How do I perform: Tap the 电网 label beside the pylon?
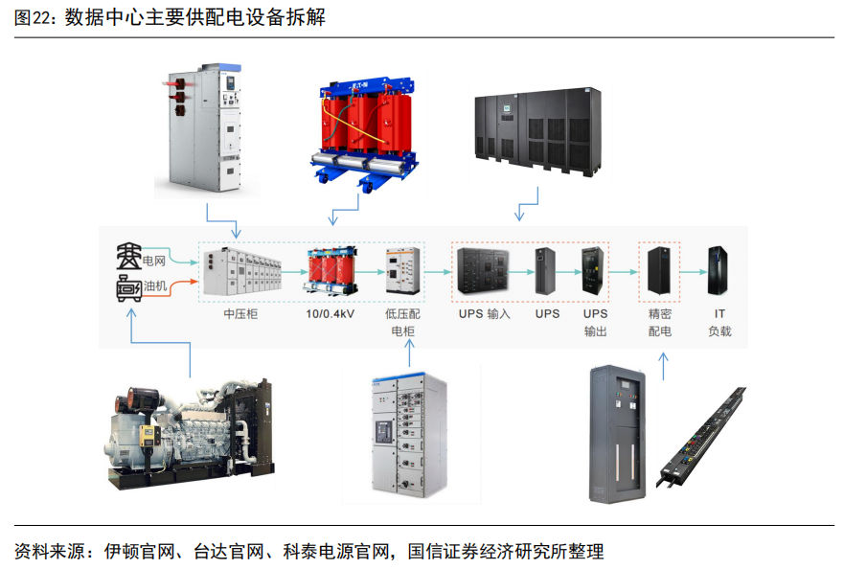(x=154, y=260)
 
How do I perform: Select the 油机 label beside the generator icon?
(x=154, y=285)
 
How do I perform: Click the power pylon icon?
(x=127, y=258)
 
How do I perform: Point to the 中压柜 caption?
(x=240, y=313)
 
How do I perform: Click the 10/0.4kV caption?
(x=330, y=313)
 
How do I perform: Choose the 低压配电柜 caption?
(x=403, y=322)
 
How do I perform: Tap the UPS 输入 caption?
(x=484, y=313)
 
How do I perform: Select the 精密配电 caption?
(x=659, y=322)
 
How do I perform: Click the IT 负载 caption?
(x=719, y=322)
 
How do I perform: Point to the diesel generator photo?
(x=186, y=430)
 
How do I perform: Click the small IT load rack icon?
(x=719, y=270)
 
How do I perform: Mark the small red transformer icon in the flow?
(x=330, y=270)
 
